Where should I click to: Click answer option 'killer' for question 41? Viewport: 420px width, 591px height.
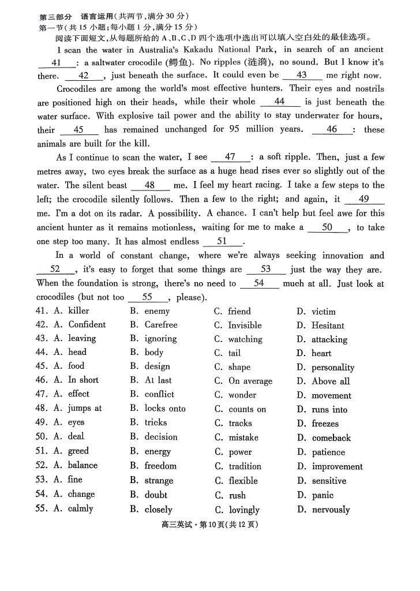[78, 311]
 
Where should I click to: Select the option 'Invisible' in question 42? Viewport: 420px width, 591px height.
[245, 326]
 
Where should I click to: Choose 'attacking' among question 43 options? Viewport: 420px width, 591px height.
[329, 340]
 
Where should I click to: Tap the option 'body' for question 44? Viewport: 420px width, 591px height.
[154, 353]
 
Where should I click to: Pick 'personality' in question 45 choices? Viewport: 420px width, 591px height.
[333, 368]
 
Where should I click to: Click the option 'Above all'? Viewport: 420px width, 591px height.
[331, 381]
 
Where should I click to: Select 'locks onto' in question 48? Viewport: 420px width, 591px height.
[165, 409]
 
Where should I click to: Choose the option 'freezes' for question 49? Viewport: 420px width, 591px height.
[325, 424]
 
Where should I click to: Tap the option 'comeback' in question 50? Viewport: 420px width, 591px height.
[331, 438]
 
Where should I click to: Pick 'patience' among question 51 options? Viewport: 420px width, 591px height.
[328, 452]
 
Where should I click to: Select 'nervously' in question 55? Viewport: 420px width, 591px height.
[331, 510]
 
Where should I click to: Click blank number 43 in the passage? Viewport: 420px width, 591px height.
[302, 75]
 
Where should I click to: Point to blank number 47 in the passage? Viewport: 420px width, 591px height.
[230, 157]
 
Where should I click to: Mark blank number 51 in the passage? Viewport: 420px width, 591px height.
[222, 242]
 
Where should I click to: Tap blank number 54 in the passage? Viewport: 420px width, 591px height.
[259, 283]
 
